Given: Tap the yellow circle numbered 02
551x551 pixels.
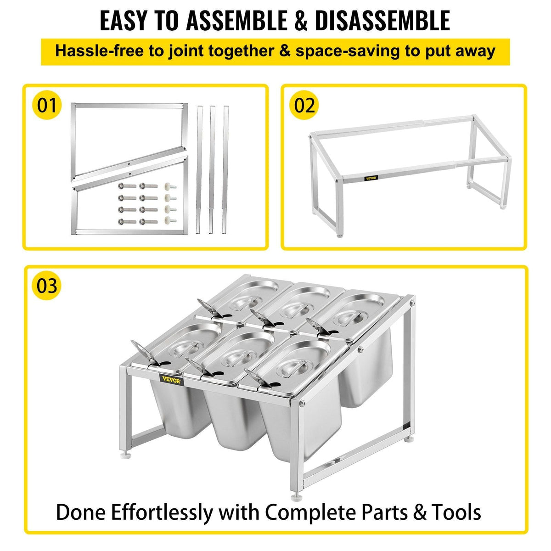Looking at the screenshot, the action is pyautogui.click(x=304, y=106).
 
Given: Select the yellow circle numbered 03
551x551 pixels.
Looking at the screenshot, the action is pyautogui.click(x=47, y=286).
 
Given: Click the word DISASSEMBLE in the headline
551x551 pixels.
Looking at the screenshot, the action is pyautogui.click(x=382, y=21).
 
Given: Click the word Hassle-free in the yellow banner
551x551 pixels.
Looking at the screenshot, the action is pyautogui.click(x=99, y=51).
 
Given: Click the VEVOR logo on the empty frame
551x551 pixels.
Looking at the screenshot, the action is pyautogui.click(x=371, y=178).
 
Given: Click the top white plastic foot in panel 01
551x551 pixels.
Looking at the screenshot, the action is pyautogui.click(x=170, y=187).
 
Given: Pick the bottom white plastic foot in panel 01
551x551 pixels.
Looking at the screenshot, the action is pyautogui.click(x=170, y=220).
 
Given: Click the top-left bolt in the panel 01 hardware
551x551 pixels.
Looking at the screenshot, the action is pyautogui.click(x=127, y=186).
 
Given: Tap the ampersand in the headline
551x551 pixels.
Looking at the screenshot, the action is pyautogui.click(x=300, y=21).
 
